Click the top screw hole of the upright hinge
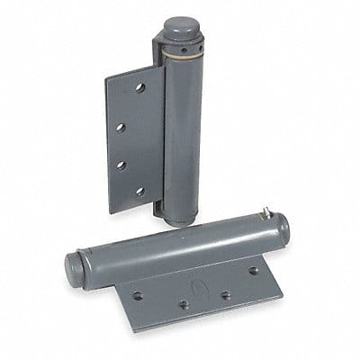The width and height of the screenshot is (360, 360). [x=139, y=88]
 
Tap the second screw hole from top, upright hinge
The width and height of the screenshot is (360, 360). [x=121, y=128]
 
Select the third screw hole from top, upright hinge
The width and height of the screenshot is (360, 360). [x=120, y=165]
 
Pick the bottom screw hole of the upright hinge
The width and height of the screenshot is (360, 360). [x=139, y=191]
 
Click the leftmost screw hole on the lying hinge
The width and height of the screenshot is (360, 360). [x=138, y=295]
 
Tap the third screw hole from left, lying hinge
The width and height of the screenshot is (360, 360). [x=225, y=294]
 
